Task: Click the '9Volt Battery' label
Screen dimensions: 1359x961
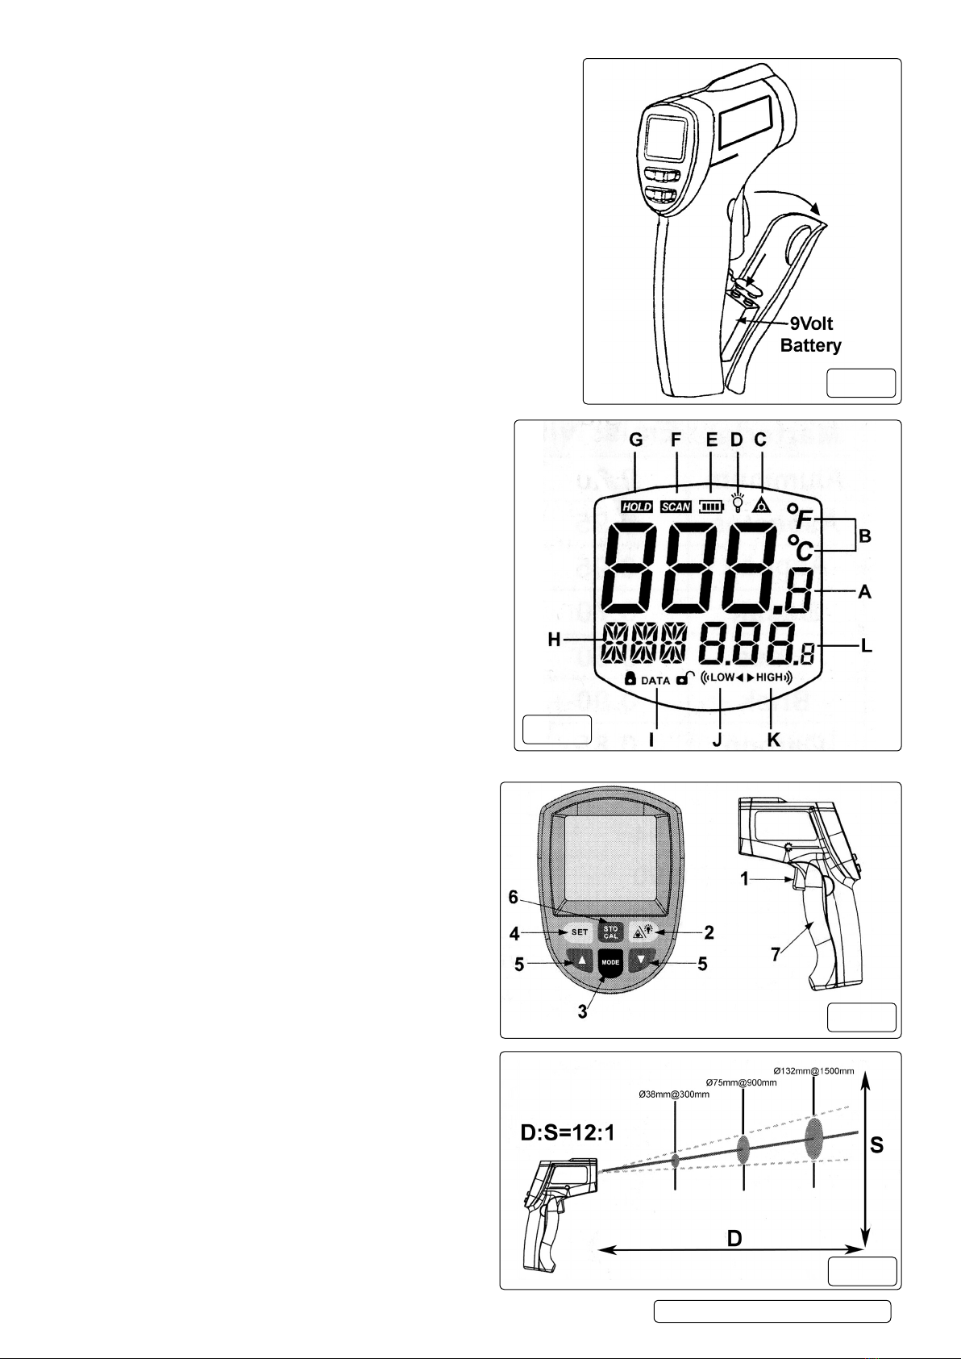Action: [x=810, y=335]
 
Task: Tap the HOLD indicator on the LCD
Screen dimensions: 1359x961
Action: [x=636, y=506]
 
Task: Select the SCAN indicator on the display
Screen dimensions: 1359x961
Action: [x=676, y=506]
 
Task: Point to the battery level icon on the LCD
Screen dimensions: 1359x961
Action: [x=710, y=506]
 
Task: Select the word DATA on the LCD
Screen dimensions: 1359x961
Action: [x=655, y=681]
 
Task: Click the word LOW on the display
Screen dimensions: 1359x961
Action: [x=722, y=677]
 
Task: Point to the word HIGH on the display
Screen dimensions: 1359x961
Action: [x=770, y=677]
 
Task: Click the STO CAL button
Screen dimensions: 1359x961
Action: [x=610, y=933]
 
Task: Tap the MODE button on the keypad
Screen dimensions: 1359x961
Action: [x=610, y=962]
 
